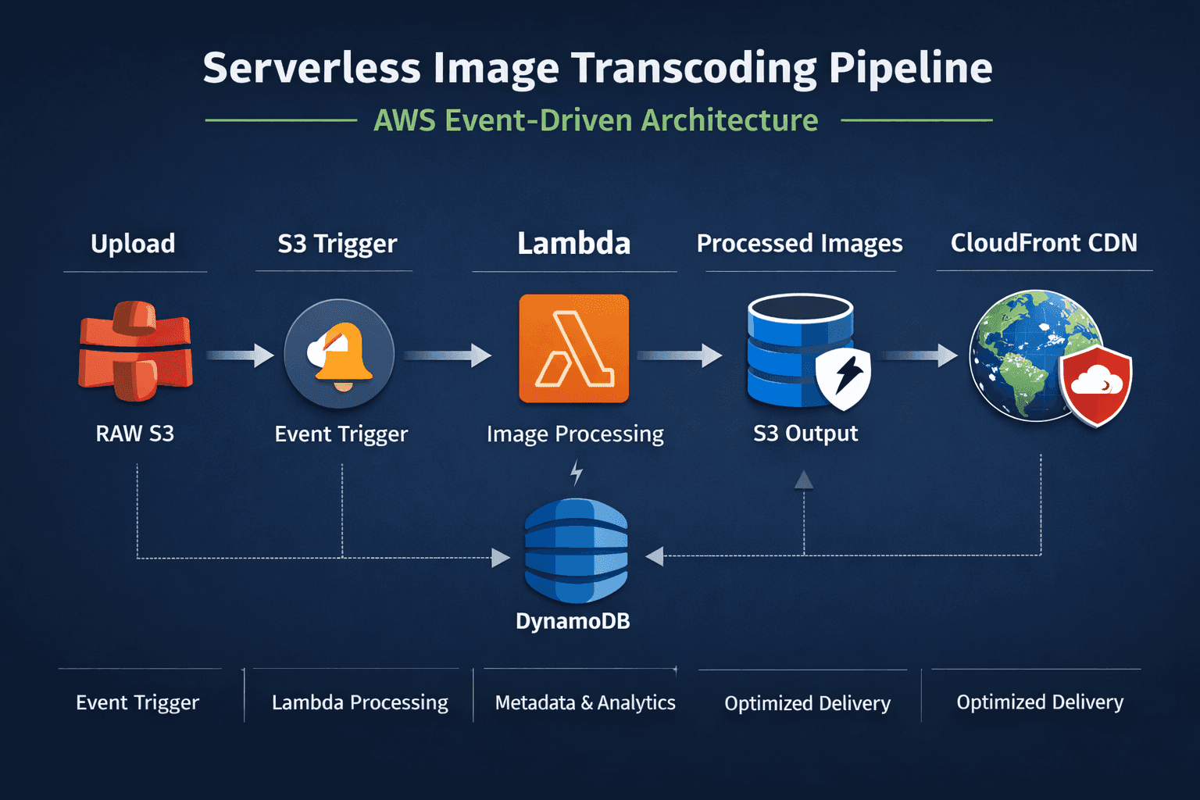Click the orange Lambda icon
573,348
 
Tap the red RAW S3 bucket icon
135,351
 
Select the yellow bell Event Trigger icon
339,353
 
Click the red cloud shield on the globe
1096,385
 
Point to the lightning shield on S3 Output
844,379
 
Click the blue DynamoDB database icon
576,551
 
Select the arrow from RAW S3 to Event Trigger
240,355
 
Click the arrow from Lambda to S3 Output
679,355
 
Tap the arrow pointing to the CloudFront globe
920,355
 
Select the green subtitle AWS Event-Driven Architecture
595,120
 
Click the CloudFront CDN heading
1044,243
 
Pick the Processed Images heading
799,244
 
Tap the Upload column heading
133,244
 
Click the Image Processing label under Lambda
575,434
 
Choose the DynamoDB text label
573,621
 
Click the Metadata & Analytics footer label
585,702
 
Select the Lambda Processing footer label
359,702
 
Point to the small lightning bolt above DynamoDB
577,473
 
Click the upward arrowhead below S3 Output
804,480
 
